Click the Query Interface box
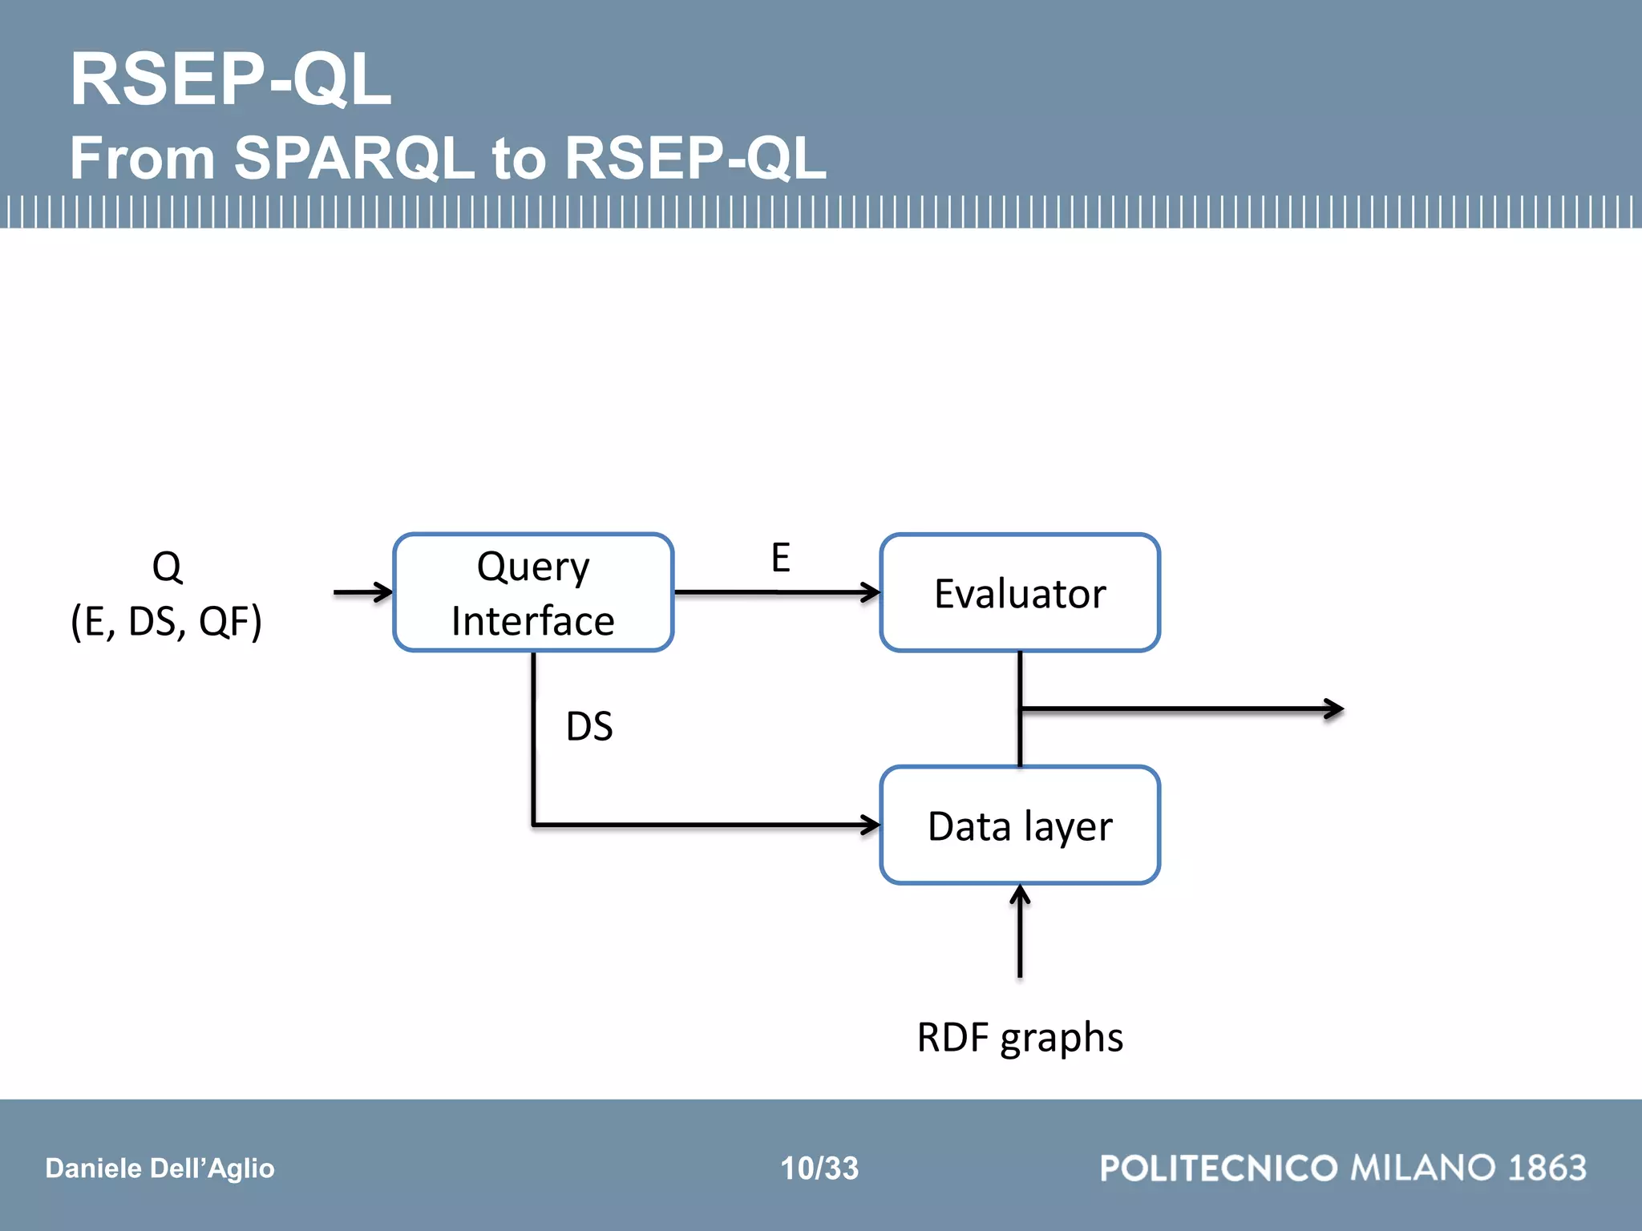pyautogui.click(x=533, y=593)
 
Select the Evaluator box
pyautogui.click(x=1020, y=593)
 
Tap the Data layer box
pyautogui.click(x=1020, y=825)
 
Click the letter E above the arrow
pyautogui.click(x=780, y=558)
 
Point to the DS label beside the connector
pyautogui.click(x=589, y=726)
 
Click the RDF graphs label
pyautogui.click(x=1020, y=1037)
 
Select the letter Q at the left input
pyautogui.click(x=167, y=567)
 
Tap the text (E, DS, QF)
pyautogui.click(x=167, y=622)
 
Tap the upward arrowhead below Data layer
pyautogui.click(x=1020, y=893)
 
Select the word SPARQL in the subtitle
pyautogui.click(x=354, y=157)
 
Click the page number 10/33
pyautogui.click(x=819, y=1168)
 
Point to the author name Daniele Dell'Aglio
pyautogui.click(x=160, y=1168)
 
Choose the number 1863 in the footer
pyautogui.click(x=1547, y=1168)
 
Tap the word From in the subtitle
pyautogui.click(x=143, y=157)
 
